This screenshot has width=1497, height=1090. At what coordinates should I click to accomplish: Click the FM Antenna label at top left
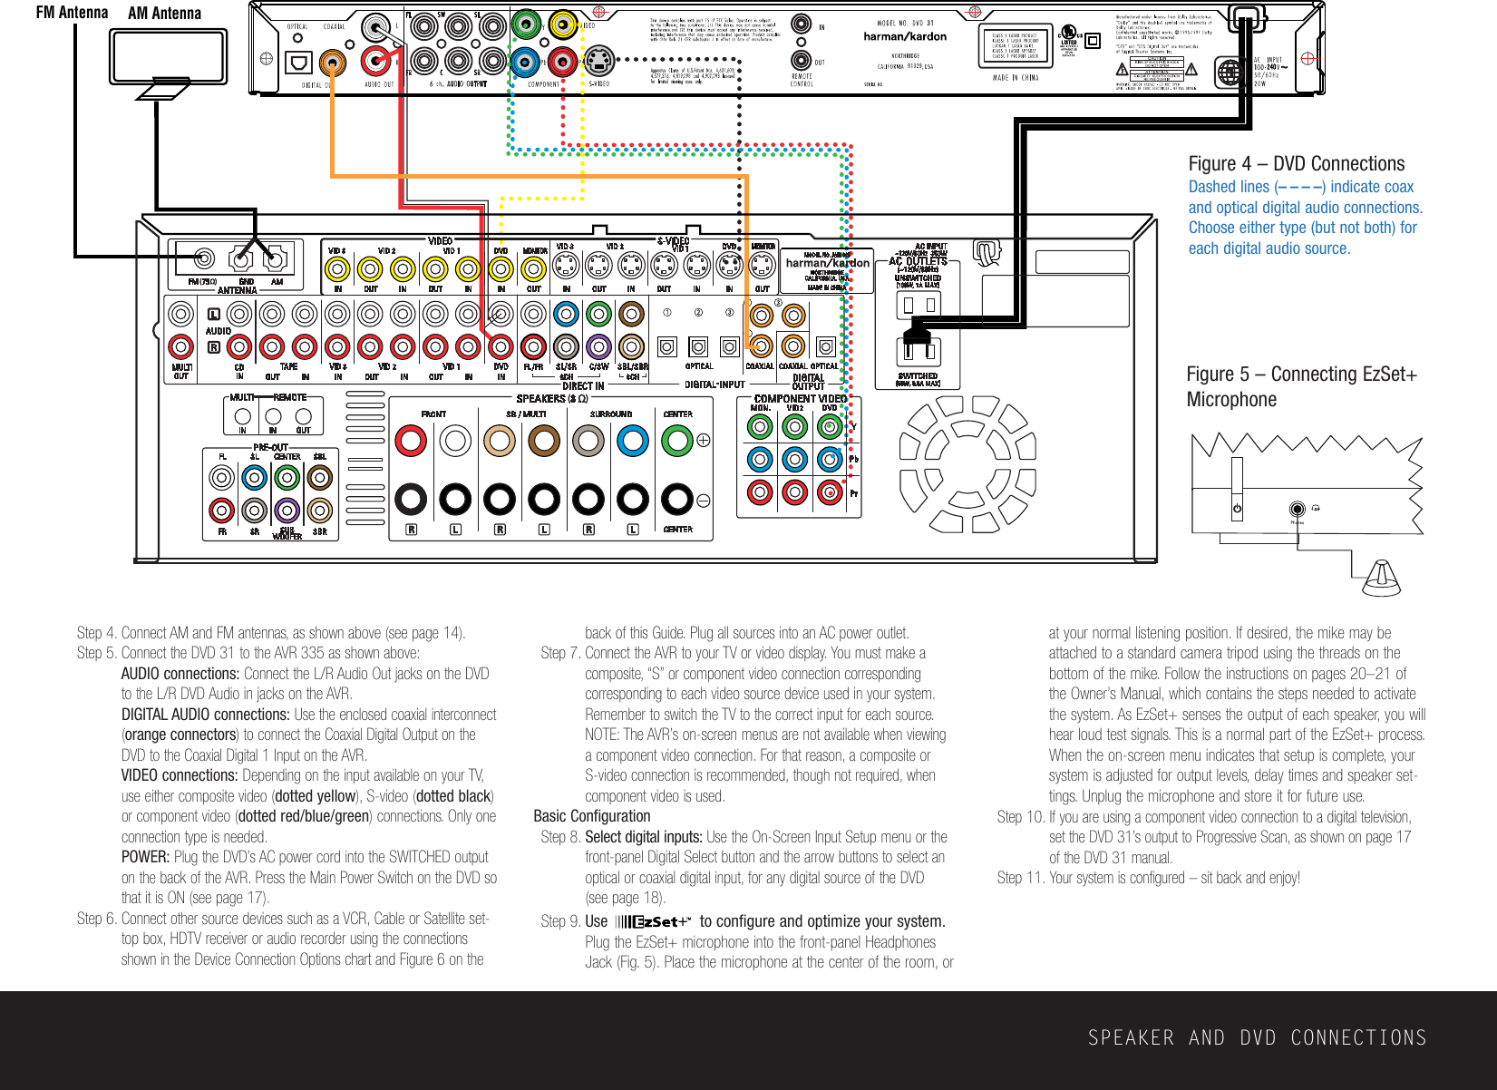[x=72, y=13]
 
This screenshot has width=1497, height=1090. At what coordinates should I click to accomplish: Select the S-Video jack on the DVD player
[x=598, y=63]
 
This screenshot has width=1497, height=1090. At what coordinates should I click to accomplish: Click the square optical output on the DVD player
[x=298, y=63]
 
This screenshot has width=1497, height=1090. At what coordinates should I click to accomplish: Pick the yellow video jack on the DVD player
[x=562, y=24]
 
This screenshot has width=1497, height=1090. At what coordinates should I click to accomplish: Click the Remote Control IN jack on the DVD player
[x=801, y=24]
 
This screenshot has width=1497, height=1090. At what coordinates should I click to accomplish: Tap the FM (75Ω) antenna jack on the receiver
[x=205, y=259]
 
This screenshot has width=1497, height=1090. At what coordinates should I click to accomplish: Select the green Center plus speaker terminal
[x=677, y=441]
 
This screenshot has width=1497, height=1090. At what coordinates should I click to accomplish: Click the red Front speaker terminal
[x=411, y=441]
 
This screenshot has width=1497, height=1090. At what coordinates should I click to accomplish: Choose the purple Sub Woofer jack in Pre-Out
[x=287, y=511]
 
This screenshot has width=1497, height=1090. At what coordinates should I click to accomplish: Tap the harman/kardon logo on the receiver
[x=827, y=263]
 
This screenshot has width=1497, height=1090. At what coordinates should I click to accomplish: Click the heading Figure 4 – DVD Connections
[x=1296, y=164]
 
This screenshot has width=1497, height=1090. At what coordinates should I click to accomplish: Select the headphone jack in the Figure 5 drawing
[x=1298, y=510]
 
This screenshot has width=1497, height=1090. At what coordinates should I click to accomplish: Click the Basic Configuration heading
[x=591, y=816]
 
